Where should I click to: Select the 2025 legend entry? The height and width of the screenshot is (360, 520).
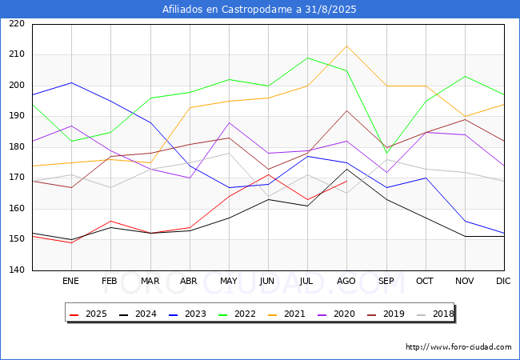coord(88,314)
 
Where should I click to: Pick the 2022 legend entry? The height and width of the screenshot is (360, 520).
coord(237,314)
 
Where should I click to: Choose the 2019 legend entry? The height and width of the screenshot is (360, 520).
coord(386,314)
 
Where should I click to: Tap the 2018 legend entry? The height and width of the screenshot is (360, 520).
coord(435,314)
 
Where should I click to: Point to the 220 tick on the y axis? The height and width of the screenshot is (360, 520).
coord(17,23)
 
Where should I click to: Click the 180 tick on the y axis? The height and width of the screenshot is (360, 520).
coord(17,147)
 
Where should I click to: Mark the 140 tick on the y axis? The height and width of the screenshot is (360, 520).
coord(17,270)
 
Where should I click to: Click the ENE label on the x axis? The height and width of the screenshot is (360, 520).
coord(70,281)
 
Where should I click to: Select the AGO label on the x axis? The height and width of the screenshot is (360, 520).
coord(346,281)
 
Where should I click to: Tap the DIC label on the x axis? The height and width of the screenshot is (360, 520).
coord(503,281)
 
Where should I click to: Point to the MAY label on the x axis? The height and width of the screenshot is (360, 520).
coord(229,281)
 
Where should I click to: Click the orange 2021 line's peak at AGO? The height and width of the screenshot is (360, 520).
coord(347,46)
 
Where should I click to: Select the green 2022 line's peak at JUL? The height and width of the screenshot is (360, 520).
coord(308,58)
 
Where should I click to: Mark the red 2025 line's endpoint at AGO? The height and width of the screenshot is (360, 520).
coord(347,181)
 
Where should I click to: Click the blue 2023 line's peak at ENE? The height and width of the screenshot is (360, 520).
coord(72,82)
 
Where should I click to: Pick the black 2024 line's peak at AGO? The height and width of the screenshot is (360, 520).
coord(347,169)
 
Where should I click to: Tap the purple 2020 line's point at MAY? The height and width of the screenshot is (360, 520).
coord(229,122)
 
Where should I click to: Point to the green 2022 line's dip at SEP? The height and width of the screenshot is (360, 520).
coord(386,153)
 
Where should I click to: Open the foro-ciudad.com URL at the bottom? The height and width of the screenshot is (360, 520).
coord(458,347)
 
